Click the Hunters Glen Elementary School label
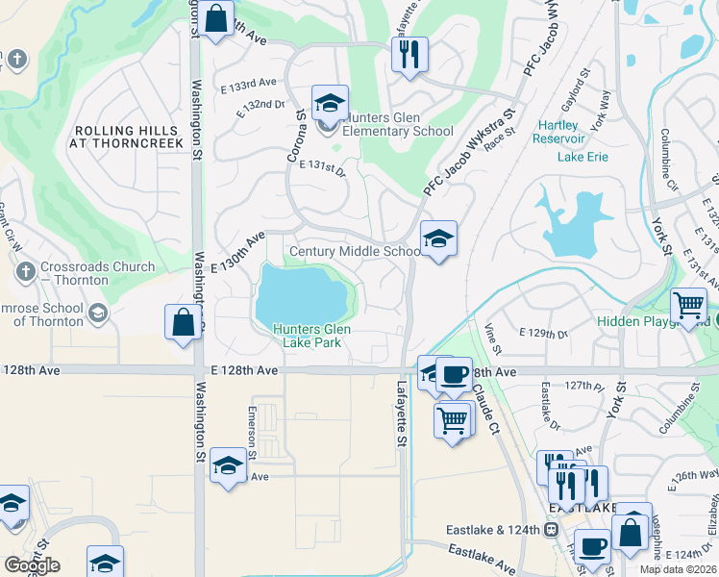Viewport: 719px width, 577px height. [x=398, y=124]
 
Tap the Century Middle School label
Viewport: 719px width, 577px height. [x=355, y=252]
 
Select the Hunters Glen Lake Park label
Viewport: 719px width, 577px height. [x=311, y=336]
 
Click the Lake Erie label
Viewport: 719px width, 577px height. [x=583, y=157]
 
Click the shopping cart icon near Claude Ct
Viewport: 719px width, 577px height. [x=452, y=418]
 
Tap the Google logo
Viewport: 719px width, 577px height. [x=32, y=565]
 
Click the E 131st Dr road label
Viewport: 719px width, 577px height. [x=321, y=165]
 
